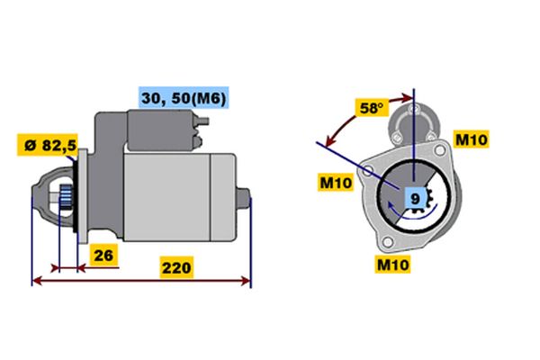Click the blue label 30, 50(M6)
pyautogui.click(x=184, y=98)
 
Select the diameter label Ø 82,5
pyautogui.click(x=48, y=145)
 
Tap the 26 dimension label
pyautogui.click(x=103, y=256)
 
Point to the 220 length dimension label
pyautogui.click(x=176, y=267)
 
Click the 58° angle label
pyautogui.click(x=372, y=108)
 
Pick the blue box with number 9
pyautogui.click(x=416, y=198)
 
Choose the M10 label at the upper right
pyautogui.click(x=471, y=139)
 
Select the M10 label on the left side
pyautogui.click(x=336, y=182)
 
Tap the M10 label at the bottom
pyautogui.click(x=393, y=265)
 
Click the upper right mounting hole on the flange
pyautogui.click(x=439, y=150)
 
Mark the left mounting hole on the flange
pyautogui.click(x=368, y=170)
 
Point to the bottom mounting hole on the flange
pyautogui.click(x=388, y=242)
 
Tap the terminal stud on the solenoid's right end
pyautogui.click(x=204, y=121)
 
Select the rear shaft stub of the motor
pyautogui.click(x=244, y=198)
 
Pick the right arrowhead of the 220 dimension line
pyautogui.click(x=246, y=281)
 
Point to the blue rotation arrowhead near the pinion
pyautogui.click(x=391, y=206)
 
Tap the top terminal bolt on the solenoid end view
pyautogui.click(x=412, y=110)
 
